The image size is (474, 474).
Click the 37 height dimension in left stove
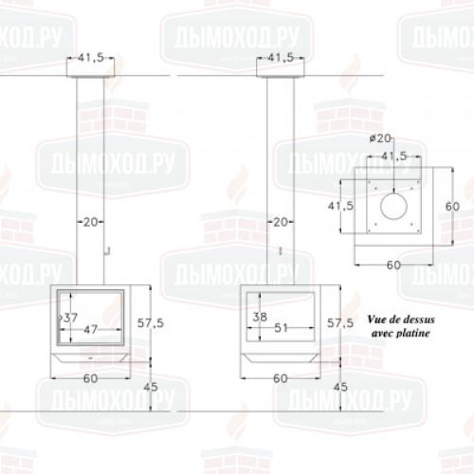point(71,318)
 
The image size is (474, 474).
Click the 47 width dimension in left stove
point(90,330)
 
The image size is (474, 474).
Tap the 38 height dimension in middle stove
point(260,317)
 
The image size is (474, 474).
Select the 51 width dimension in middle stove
point(281,328)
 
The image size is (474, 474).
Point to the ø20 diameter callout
point(380,138)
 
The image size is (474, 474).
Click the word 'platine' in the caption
point(413,333)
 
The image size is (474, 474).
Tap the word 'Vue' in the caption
point(375,319)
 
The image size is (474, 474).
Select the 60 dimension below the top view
point(393,265)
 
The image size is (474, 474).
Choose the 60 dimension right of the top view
point(452,207)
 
